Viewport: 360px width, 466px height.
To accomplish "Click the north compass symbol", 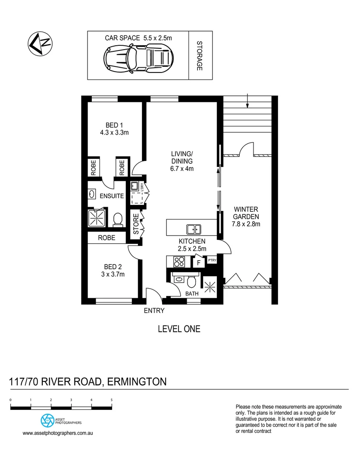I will coord(39,44).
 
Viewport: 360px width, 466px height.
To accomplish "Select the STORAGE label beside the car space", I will coord(200,56).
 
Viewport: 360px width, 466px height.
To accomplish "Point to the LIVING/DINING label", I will coord(182,161).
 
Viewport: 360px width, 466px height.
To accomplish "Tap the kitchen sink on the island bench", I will coord(193,229).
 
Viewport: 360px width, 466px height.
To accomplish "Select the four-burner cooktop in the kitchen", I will coord(178,261).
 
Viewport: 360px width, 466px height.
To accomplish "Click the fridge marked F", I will coord(198,261).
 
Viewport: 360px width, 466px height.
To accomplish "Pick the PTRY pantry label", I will coord(212,260).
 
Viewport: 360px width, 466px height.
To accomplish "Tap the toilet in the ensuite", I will coord(117,220).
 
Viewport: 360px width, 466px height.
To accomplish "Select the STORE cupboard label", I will coord(136,224).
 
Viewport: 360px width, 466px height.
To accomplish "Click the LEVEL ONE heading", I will coord(179,329).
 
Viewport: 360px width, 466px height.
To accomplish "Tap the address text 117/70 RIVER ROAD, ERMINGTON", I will coord(88,382).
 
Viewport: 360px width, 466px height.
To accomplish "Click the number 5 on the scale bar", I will coord(111,400).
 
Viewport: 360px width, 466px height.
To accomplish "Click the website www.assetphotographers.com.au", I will coord(58,433).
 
